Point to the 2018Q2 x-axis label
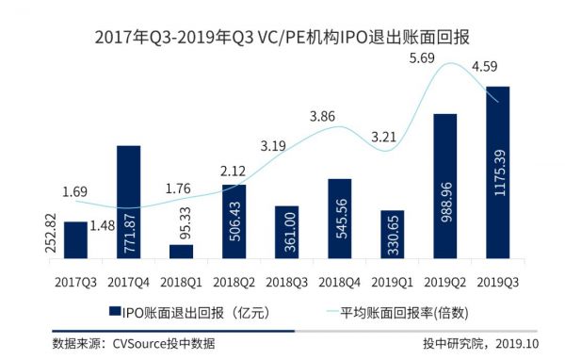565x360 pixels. pos(234,281)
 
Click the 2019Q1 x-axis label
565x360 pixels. pos(393,281)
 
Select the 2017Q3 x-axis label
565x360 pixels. pos(75,281)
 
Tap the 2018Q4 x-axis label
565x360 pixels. pos(340,281)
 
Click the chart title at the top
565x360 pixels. pos(282,39)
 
